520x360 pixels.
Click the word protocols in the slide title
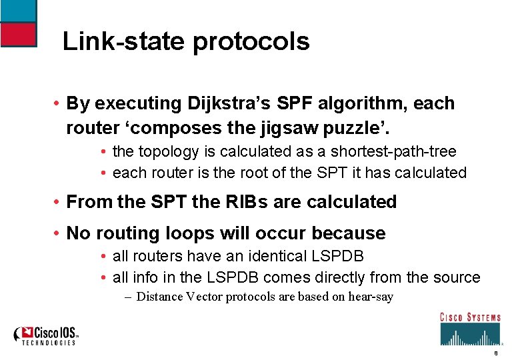[251, 42]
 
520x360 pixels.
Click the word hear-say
[371, 297]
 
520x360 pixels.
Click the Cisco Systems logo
[470, 328]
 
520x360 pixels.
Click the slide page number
[495, 354]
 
